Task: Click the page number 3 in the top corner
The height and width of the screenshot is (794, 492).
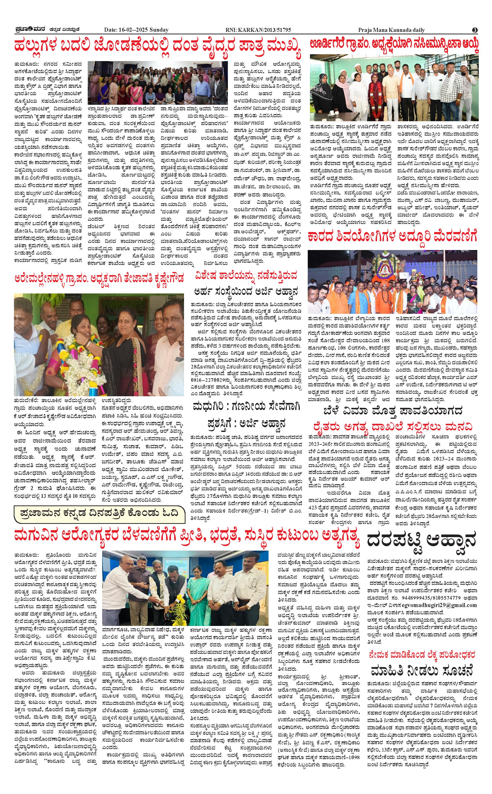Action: tap(475, 30)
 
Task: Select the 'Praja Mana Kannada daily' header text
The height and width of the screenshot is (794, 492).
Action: tap(391, 30)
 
